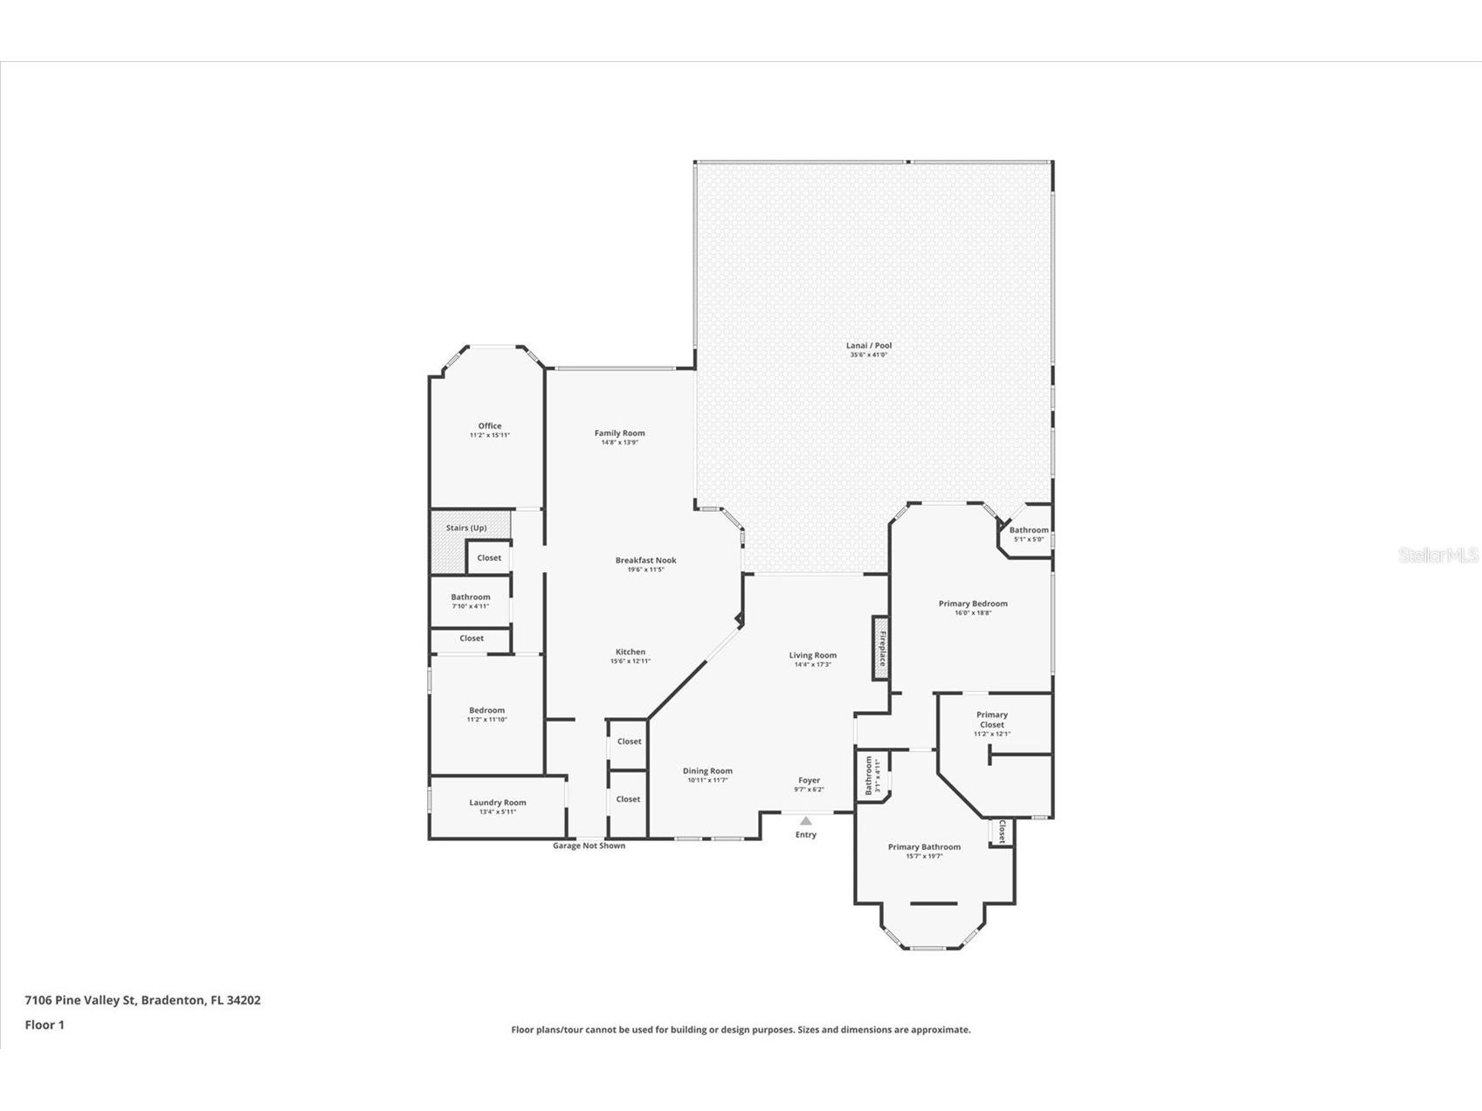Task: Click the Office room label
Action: click(489, 426)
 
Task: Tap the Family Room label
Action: click(619, 433)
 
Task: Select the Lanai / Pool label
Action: click(870, 346)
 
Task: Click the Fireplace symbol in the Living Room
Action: click(880, 648)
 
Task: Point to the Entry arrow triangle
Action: click(805, 821)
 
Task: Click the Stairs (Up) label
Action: click(466, 528)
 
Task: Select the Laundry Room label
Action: click(497, 803)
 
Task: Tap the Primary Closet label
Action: click(991, 720)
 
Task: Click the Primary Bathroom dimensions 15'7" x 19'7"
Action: click(924, 857)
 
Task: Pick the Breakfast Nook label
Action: click(645, 561)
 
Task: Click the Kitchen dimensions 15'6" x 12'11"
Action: click(630, 661)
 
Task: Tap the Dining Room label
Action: click(707, 771)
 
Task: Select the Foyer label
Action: click(809, 781)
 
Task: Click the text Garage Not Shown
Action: click(589, 845)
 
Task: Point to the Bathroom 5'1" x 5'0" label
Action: click(1028, 530)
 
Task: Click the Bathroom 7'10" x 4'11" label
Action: click(470, 597)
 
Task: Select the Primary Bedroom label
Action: click(973, 604)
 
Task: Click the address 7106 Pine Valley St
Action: click(80, 1000)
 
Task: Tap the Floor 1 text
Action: click(45, 1025)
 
